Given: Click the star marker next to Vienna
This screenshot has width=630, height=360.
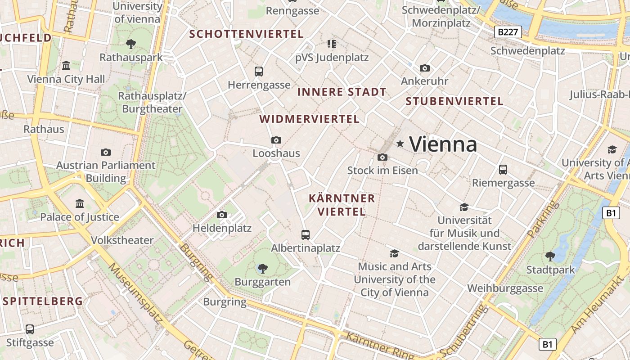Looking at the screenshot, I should click(400, 144).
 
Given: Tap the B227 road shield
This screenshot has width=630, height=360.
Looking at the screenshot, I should click(508, 32).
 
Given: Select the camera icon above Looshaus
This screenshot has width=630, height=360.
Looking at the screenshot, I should click(276, 140).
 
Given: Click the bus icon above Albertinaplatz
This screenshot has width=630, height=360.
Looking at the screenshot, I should click(306, 234).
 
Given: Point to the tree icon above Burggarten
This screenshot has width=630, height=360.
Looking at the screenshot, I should click(263, 269).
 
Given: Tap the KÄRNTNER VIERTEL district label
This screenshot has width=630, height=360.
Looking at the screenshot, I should click(342, 205).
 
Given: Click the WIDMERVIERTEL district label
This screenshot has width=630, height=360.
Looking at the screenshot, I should click(310, 119).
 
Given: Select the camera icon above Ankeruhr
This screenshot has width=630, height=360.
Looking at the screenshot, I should click(424, 68).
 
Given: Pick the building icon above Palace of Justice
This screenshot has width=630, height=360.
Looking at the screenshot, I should click(80, 204).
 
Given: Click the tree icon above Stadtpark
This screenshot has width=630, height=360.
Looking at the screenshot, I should click(550, 256).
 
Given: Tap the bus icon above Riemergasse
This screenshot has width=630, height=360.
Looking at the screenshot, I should click(503, 170).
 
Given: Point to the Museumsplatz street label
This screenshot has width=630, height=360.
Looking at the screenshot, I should click(135, 292).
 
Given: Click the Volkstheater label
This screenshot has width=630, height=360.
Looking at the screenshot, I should click(122, 240).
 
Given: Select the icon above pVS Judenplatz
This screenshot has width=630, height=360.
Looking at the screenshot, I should click(332, 44).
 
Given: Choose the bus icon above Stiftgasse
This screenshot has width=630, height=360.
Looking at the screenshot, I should click(30, 329).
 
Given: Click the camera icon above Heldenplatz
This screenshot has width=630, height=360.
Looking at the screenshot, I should click(222, 215).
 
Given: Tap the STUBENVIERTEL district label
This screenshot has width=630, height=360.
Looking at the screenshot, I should click(454, 101).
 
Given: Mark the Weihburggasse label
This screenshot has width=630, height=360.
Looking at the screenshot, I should click(505, 288).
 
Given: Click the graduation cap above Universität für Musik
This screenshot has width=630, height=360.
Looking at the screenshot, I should click(464, 207).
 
